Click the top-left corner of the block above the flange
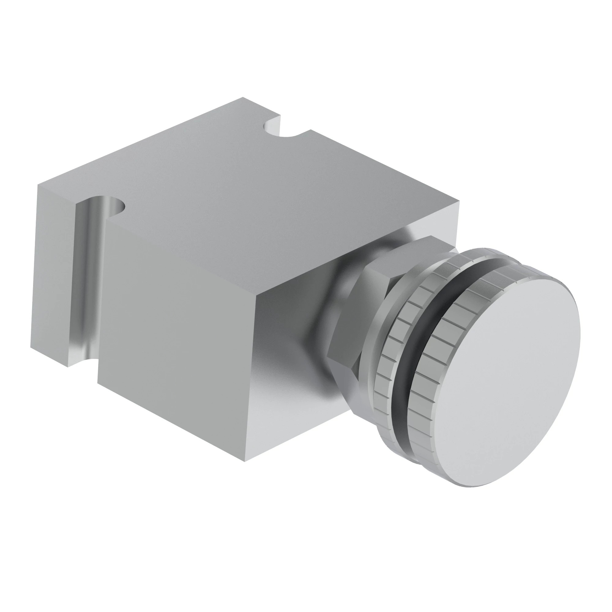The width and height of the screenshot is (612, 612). pyautogui.click(x=38, y=185)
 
